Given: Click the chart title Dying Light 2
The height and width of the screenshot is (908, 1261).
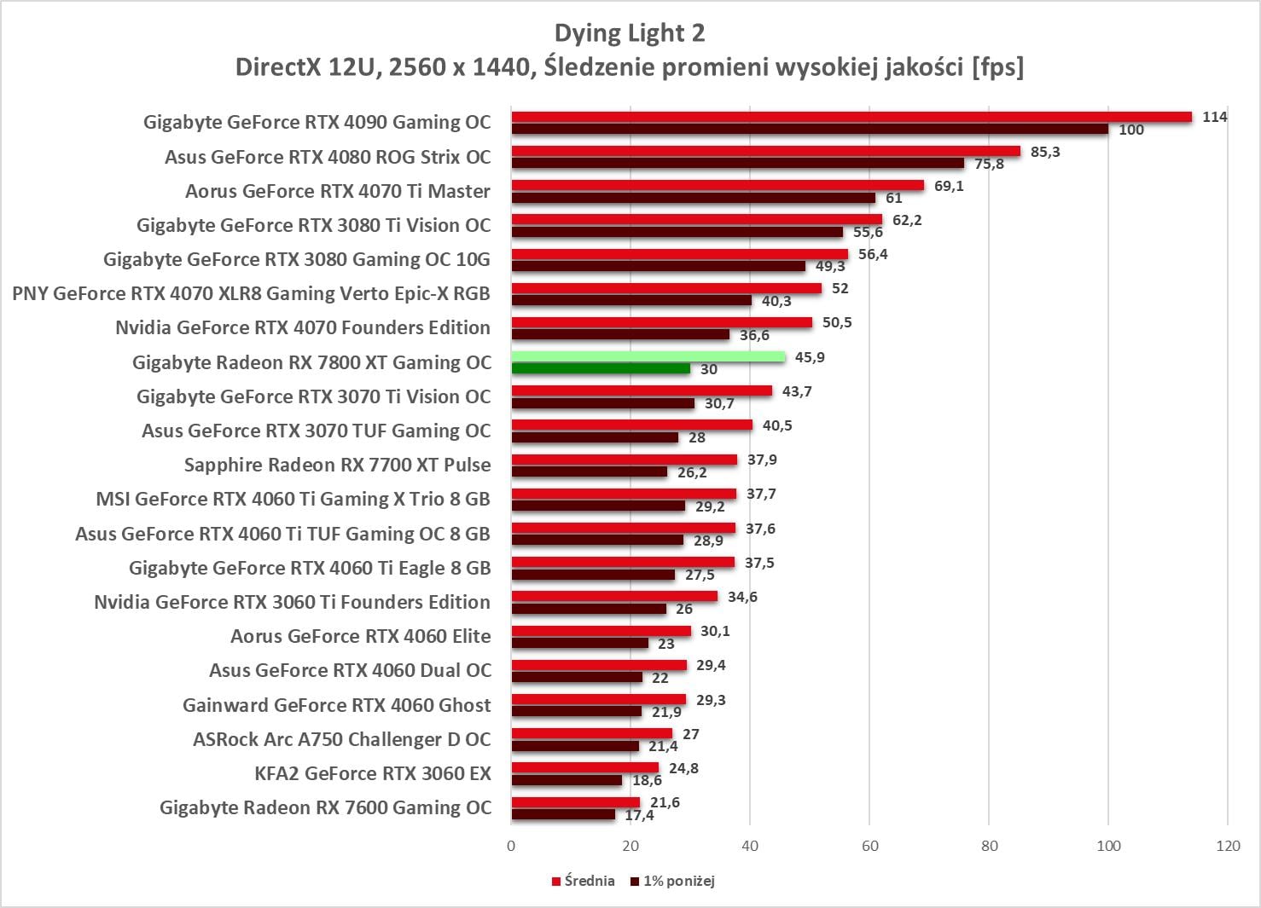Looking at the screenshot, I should (630, 33).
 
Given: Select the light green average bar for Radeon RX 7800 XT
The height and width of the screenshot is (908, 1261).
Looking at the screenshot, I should (648, 356).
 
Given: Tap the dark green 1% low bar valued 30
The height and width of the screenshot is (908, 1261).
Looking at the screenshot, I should (601, 368).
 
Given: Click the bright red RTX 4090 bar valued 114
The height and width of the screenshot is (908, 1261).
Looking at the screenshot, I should (851, 117).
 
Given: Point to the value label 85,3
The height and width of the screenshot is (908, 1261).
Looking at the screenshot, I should (1045, 152).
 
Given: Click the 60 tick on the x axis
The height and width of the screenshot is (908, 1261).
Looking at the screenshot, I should (869, 846).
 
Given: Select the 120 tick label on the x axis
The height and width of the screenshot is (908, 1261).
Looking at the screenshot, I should (1228, 846).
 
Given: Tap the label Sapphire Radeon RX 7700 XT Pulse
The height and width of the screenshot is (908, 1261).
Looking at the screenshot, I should (337, 465).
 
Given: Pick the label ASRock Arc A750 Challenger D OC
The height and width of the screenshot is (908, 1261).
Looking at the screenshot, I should (341, 739).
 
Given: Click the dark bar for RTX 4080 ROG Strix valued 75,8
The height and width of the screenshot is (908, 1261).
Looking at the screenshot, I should (738, 163).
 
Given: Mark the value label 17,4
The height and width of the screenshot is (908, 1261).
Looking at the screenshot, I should (639, 815).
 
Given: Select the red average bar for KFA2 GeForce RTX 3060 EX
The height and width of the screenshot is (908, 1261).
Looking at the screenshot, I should (585, 767).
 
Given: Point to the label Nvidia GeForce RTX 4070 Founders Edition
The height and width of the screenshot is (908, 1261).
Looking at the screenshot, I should (303, 327).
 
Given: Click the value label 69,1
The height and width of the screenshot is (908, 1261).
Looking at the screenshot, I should (949, 186).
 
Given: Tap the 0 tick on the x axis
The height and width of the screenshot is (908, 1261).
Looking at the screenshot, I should (511, 846).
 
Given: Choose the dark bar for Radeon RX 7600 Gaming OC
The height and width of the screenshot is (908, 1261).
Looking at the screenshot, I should (563, 814).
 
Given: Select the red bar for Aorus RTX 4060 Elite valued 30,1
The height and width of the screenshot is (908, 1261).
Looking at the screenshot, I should (601, 631).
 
